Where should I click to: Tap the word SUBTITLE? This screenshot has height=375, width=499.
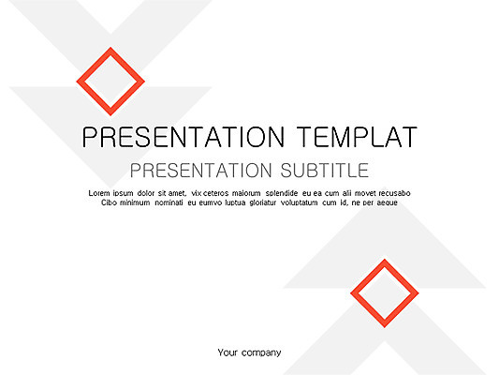coord(325,171)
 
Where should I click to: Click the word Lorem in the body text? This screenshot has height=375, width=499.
coord(99,193)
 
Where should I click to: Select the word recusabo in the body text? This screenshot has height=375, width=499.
coord(391,193)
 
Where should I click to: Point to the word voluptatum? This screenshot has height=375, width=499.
coord(306,202)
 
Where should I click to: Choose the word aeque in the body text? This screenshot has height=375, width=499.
coord(387,202)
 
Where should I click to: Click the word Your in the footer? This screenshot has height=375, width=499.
coord(227,352)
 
